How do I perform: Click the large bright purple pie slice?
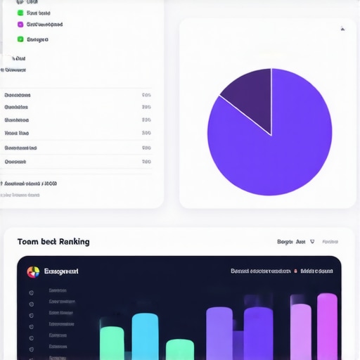click(x=281, y=148)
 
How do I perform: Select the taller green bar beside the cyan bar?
click(x=111, y=342)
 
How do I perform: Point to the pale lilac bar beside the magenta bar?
click(x=301, y=330)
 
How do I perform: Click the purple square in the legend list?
click(x=20, y=25)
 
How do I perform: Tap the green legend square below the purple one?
click(x=20, y=39)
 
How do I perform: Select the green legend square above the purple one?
click(x=20, y=13)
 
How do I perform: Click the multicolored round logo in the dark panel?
click(x=32, y=271)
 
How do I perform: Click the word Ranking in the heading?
click(x=75, y=242)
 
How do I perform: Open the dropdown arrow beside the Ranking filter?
click(x=312, y=241)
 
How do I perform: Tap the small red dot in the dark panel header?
click(x=296, y=271)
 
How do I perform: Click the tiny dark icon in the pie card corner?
click(x=342, y=30)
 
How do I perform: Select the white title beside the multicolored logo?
click(x=61, y=271)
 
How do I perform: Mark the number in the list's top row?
click(x=146, y=95)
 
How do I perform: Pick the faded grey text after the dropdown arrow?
click(x=330, y=242)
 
